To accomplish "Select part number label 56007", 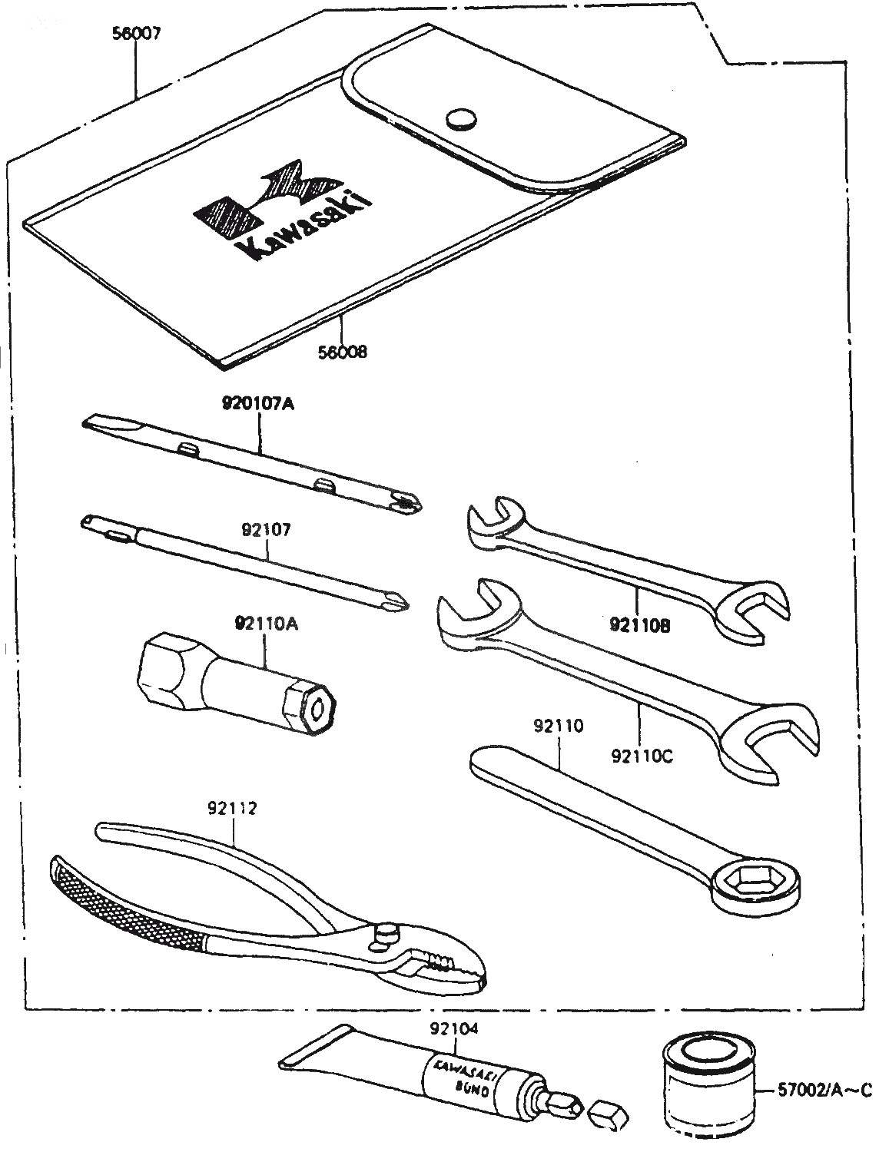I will tap(135, 34).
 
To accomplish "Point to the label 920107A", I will tap(260, 403).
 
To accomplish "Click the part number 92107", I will tap(266, 530).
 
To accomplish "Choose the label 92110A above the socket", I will tap(266, 624).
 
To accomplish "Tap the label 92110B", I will tap(640, 625).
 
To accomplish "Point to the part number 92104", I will tap(456, 1028).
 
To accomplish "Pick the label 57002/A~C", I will tap(822, 1089).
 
